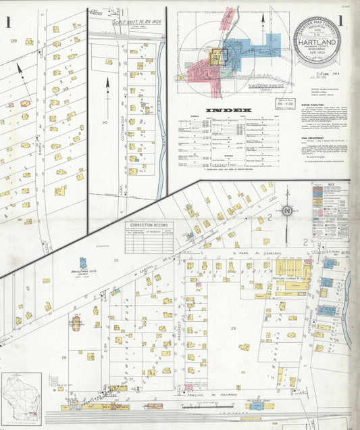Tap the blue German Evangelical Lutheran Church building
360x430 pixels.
82,263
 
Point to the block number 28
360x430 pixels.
234,329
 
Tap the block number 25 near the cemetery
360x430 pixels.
116,260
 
